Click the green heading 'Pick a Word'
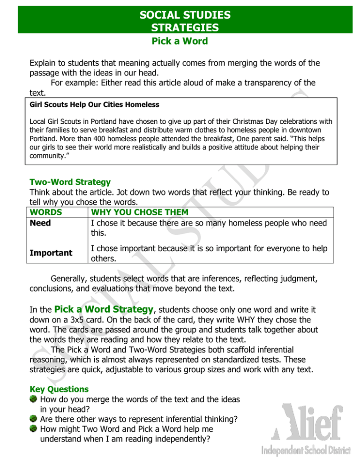(180, 41)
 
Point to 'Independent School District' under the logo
(307, 453)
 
